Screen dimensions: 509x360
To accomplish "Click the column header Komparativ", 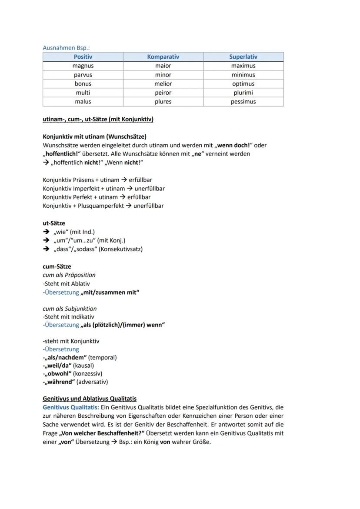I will pyautogui.click(x=163, y=57).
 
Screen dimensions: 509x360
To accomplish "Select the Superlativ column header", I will pyautogui.click(x=243, y=57).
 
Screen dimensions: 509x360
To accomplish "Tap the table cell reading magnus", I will pyautogui.click(x=83, y=66).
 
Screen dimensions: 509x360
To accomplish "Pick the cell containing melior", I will pyautogui.click(x=163, y=83).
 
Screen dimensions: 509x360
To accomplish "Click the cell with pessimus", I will pyautogui.click(x=243, y=101).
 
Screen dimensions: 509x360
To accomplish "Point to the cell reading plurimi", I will pyautogui.click(x=243, y=93).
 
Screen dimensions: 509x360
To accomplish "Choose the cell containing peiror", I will pyautogui.click(x=163, y=93).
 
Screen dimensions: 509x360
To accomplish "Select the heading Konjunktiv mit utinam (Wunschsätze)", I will pyautogui.click(x=94, y=136).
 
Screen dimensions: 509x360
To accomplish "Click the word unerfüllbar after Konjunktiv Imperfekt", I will pyautogui.click(x=149, y=189).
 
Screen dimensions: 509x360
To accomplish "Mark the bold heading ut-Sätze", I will pyautogui.click(x=54, y=223).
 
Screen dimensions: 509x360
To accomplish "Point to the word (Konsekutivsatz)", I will pyautogui.click(x=121, y=249).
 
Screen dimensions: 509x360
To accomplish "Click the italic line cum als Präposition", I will pyautogui.click(x=69, y=275).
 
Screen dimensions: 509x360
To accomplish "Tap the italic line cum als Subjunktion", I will pyautogui.click(x=70, y=309).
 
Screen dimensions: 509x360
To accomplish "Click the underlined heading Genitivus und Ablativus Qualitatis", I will pyautogui.click(x=90, y=398).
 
